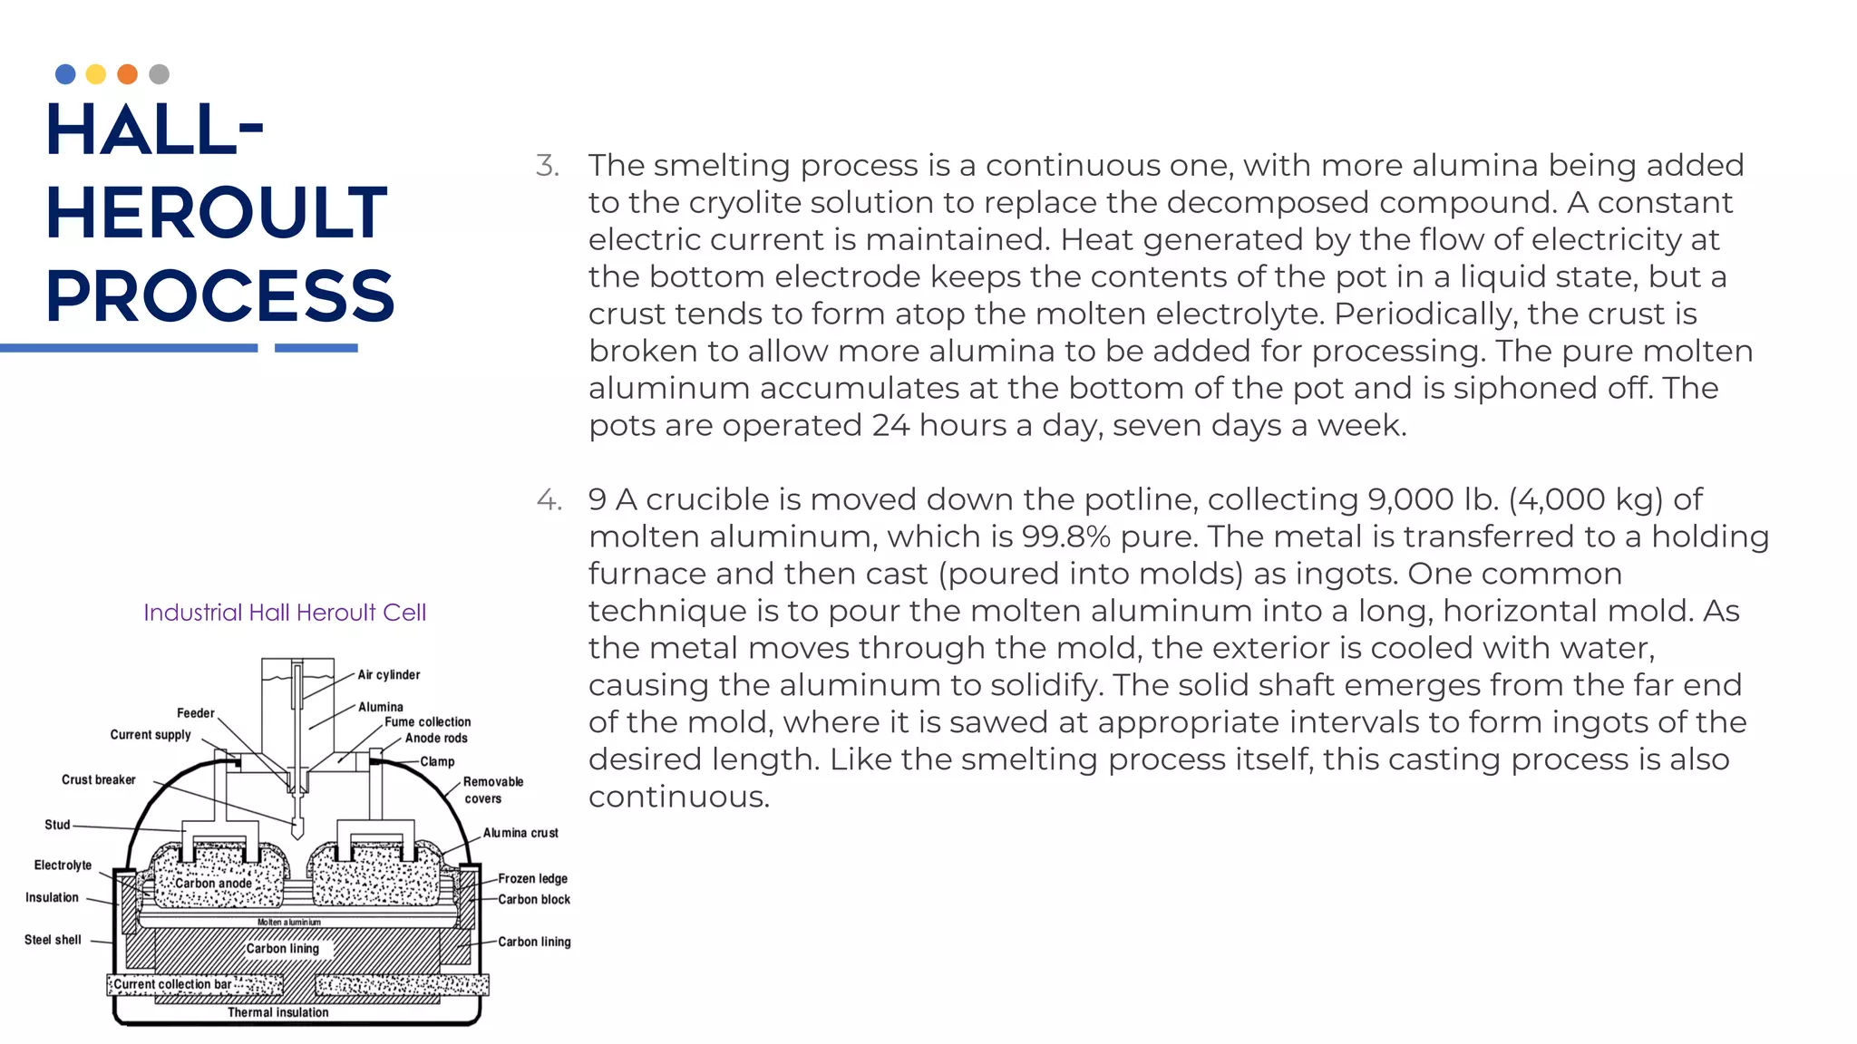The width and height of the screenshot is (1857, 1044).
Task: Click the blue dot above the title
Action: tap(65, 74)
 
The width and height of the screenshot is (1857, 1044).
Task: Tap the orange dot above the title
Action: tap(128, 74)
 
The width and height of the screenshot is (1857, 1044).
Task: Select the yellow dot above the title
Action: tap(96, 74)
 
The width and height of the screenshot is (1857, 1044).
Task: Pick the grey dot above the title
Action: tap(159, 74)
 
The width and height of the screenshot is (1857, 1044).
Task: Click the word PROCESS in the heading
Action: tap(220, 296)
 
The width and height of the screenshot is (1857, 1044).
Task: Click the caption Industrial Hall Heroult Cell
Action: tap(285, 613)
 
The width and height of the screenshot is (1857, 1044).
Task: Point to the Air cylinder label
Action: tap(388, 675)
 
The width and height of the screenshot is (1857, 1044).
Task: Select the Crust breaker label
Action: tap(98, 780)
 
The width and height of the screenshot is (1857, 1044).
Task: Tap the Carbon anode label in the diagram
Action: tap(213, 884)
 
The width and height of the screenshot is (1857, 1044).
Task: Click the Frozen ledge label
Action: tap(532, 879)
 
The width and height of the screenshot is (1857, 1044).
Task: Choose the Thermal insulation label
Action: tap(277, 1013)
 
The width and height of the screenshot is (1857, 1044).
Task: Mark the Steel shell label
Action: tap(53, 941)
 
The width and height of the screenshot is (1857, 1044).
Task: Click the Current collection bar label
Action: tap(172, 984)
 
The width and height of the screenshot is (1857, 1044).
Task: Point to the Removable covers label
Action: tap(492, 790)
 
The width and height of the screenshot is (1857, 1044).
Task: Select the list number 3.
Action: tap(547, 166)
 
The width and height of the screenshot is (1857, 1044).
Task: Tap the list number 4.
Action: tap(549, 500)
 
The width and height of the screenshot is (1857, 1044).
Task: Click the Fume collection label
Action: tap(427, 722)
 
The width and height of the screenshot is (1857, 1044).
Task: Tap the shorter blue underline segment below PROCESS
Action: tap(316, 348)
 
